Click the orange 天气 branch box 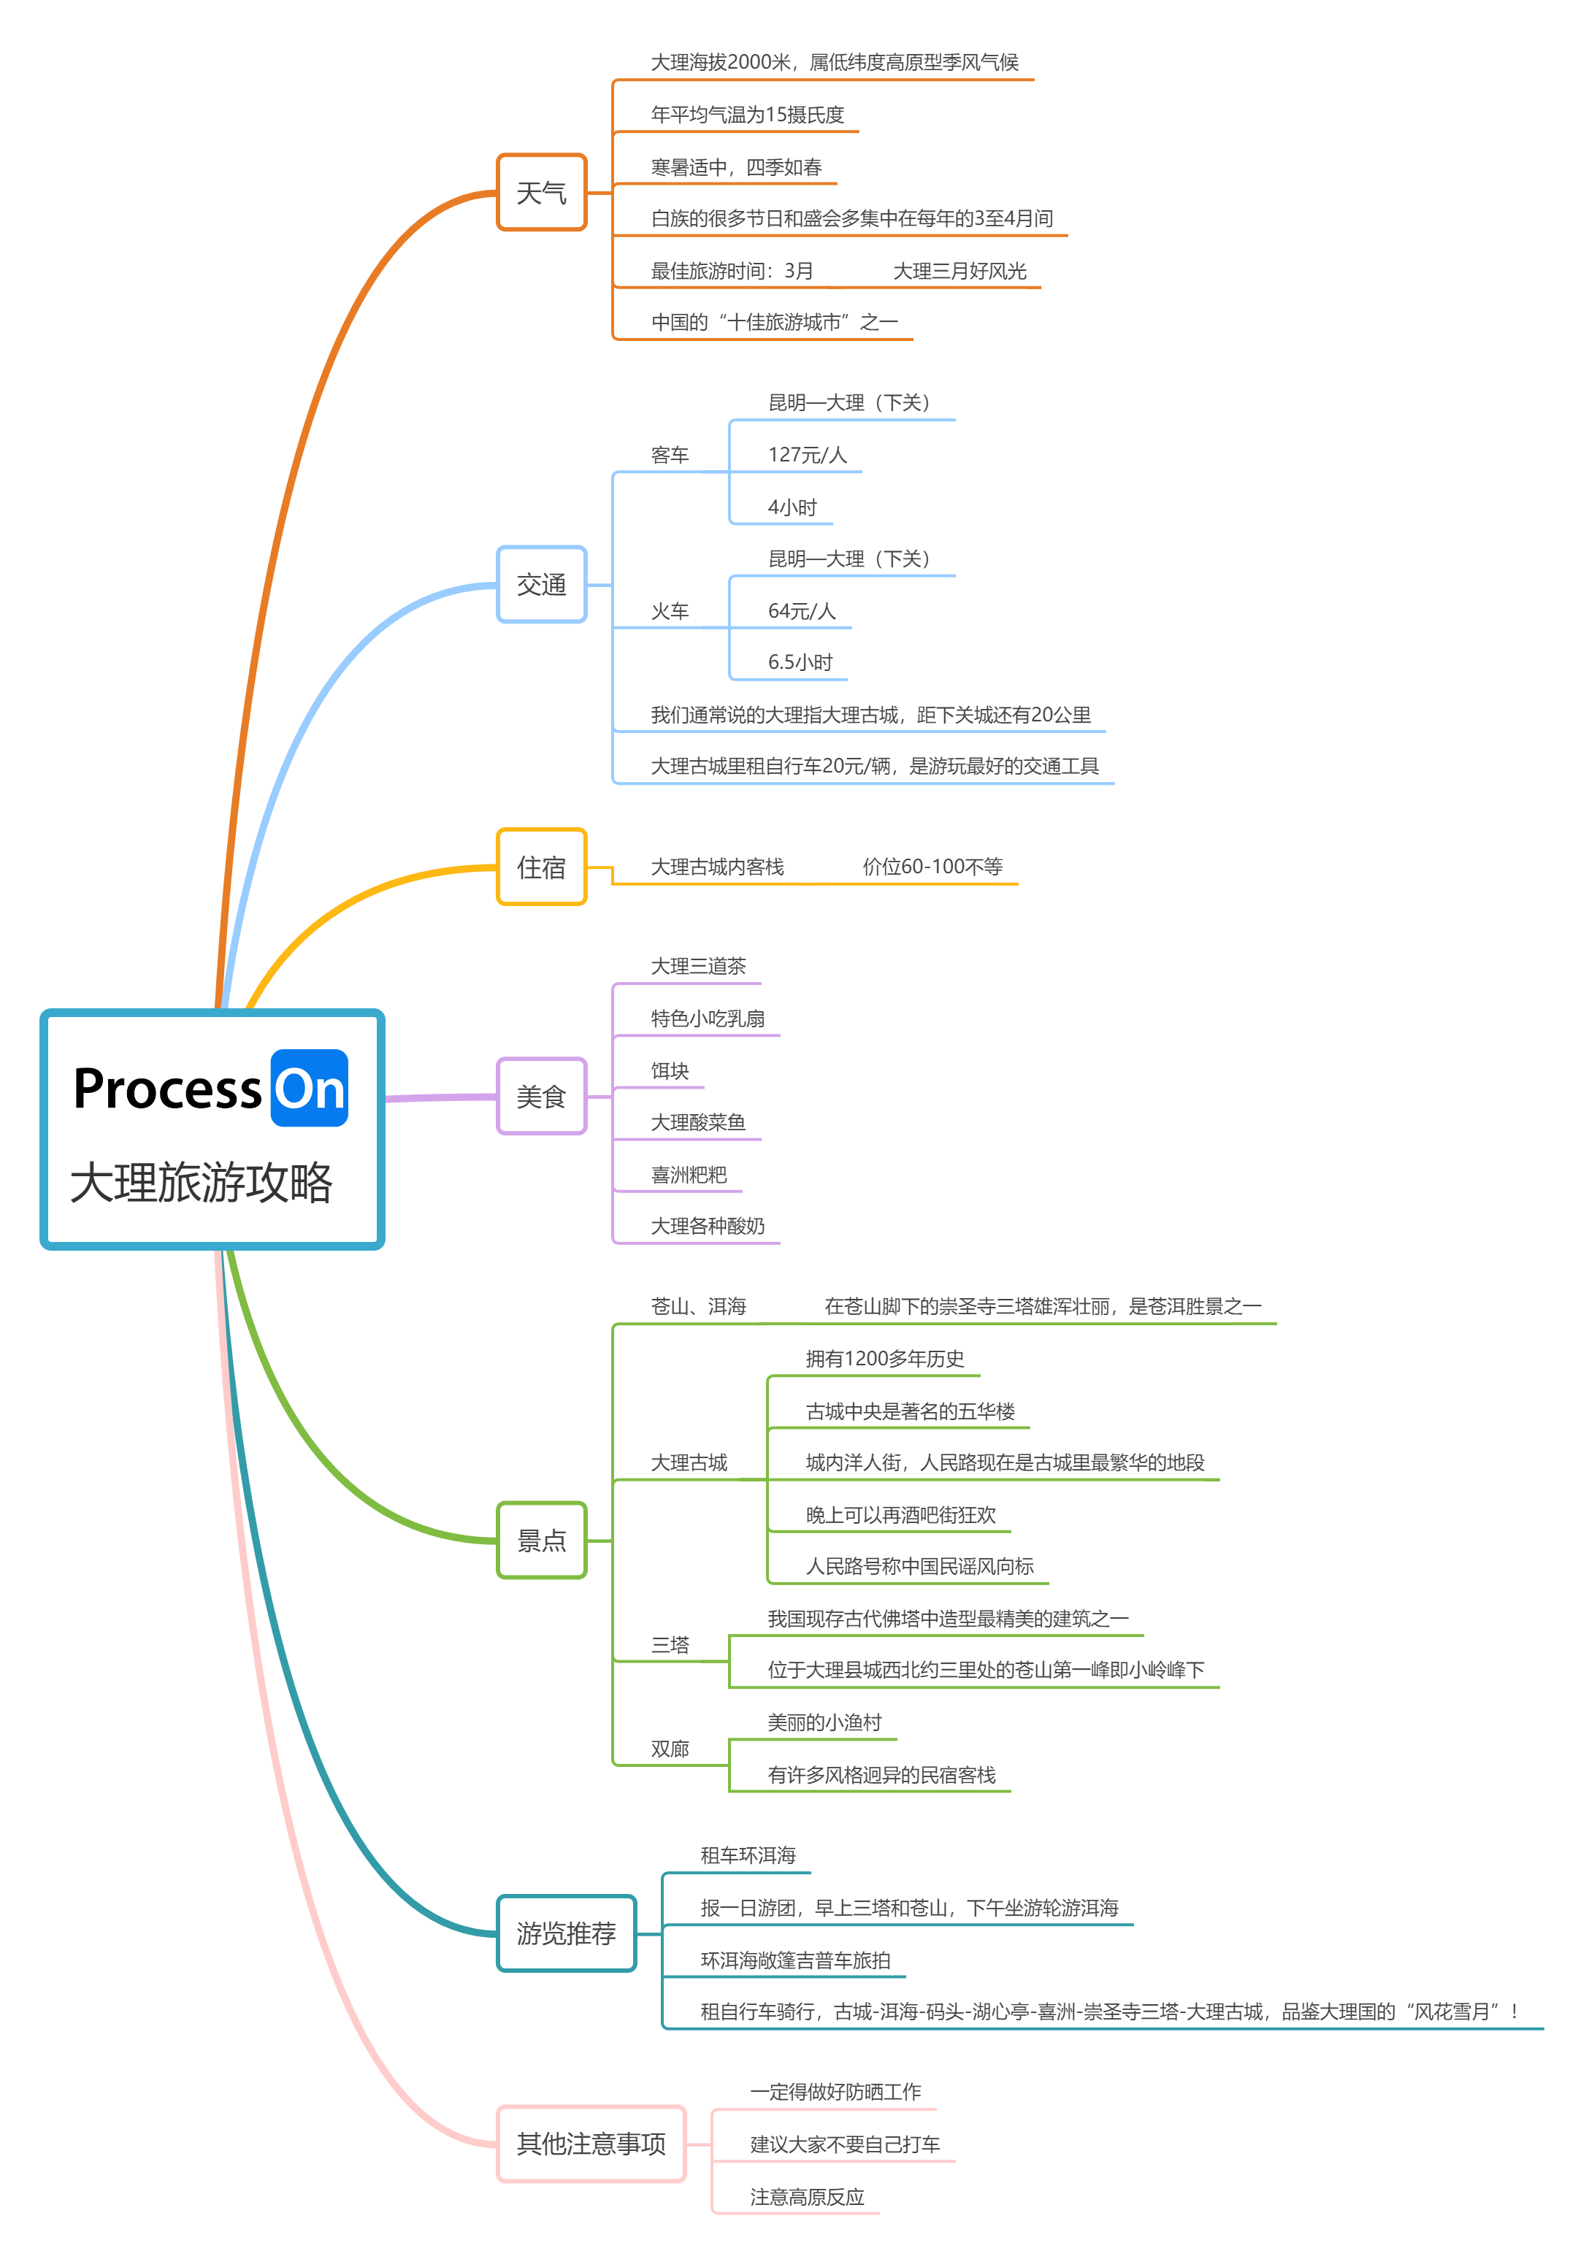pyautogui.click(x=541, y=193)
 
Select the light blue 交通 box pyautogui.click(x=541, y=584)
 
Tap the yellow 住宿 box pyautogui.click(x=541, y=867)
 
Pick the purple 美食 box pyautogui.click(x=541, y=1096)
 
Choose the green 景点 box pyautogui.click(x=541, y=1540)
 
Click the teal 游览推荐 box pyautogui.click(x=567, y=1933)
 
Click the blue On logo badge pyautogui.click(x=309, y=1088)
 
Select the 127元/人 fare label pyautogui.click(x=807, y=455)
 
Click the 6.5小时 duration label pyautogui.click(x=800, y=662)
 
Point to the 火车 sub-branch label pyautogui.click(x=670, y=611)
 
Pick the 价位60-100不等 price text pyautogui.click(x=932, y=867)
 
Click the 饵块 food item pyautogui.click(x=670, y=1070)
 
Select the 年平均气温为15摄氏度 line pyautogui.click(x=748, y=114)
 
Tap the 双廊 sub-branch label pyautogui.click(x=670, y=1749)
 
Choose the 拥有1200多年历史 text pyautogui.click(x=884, y=1359)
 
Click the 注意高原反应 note pyautogui.click(x=807, y=2197)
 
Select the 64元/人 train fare pyautogui.click(x=802, y=611)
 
